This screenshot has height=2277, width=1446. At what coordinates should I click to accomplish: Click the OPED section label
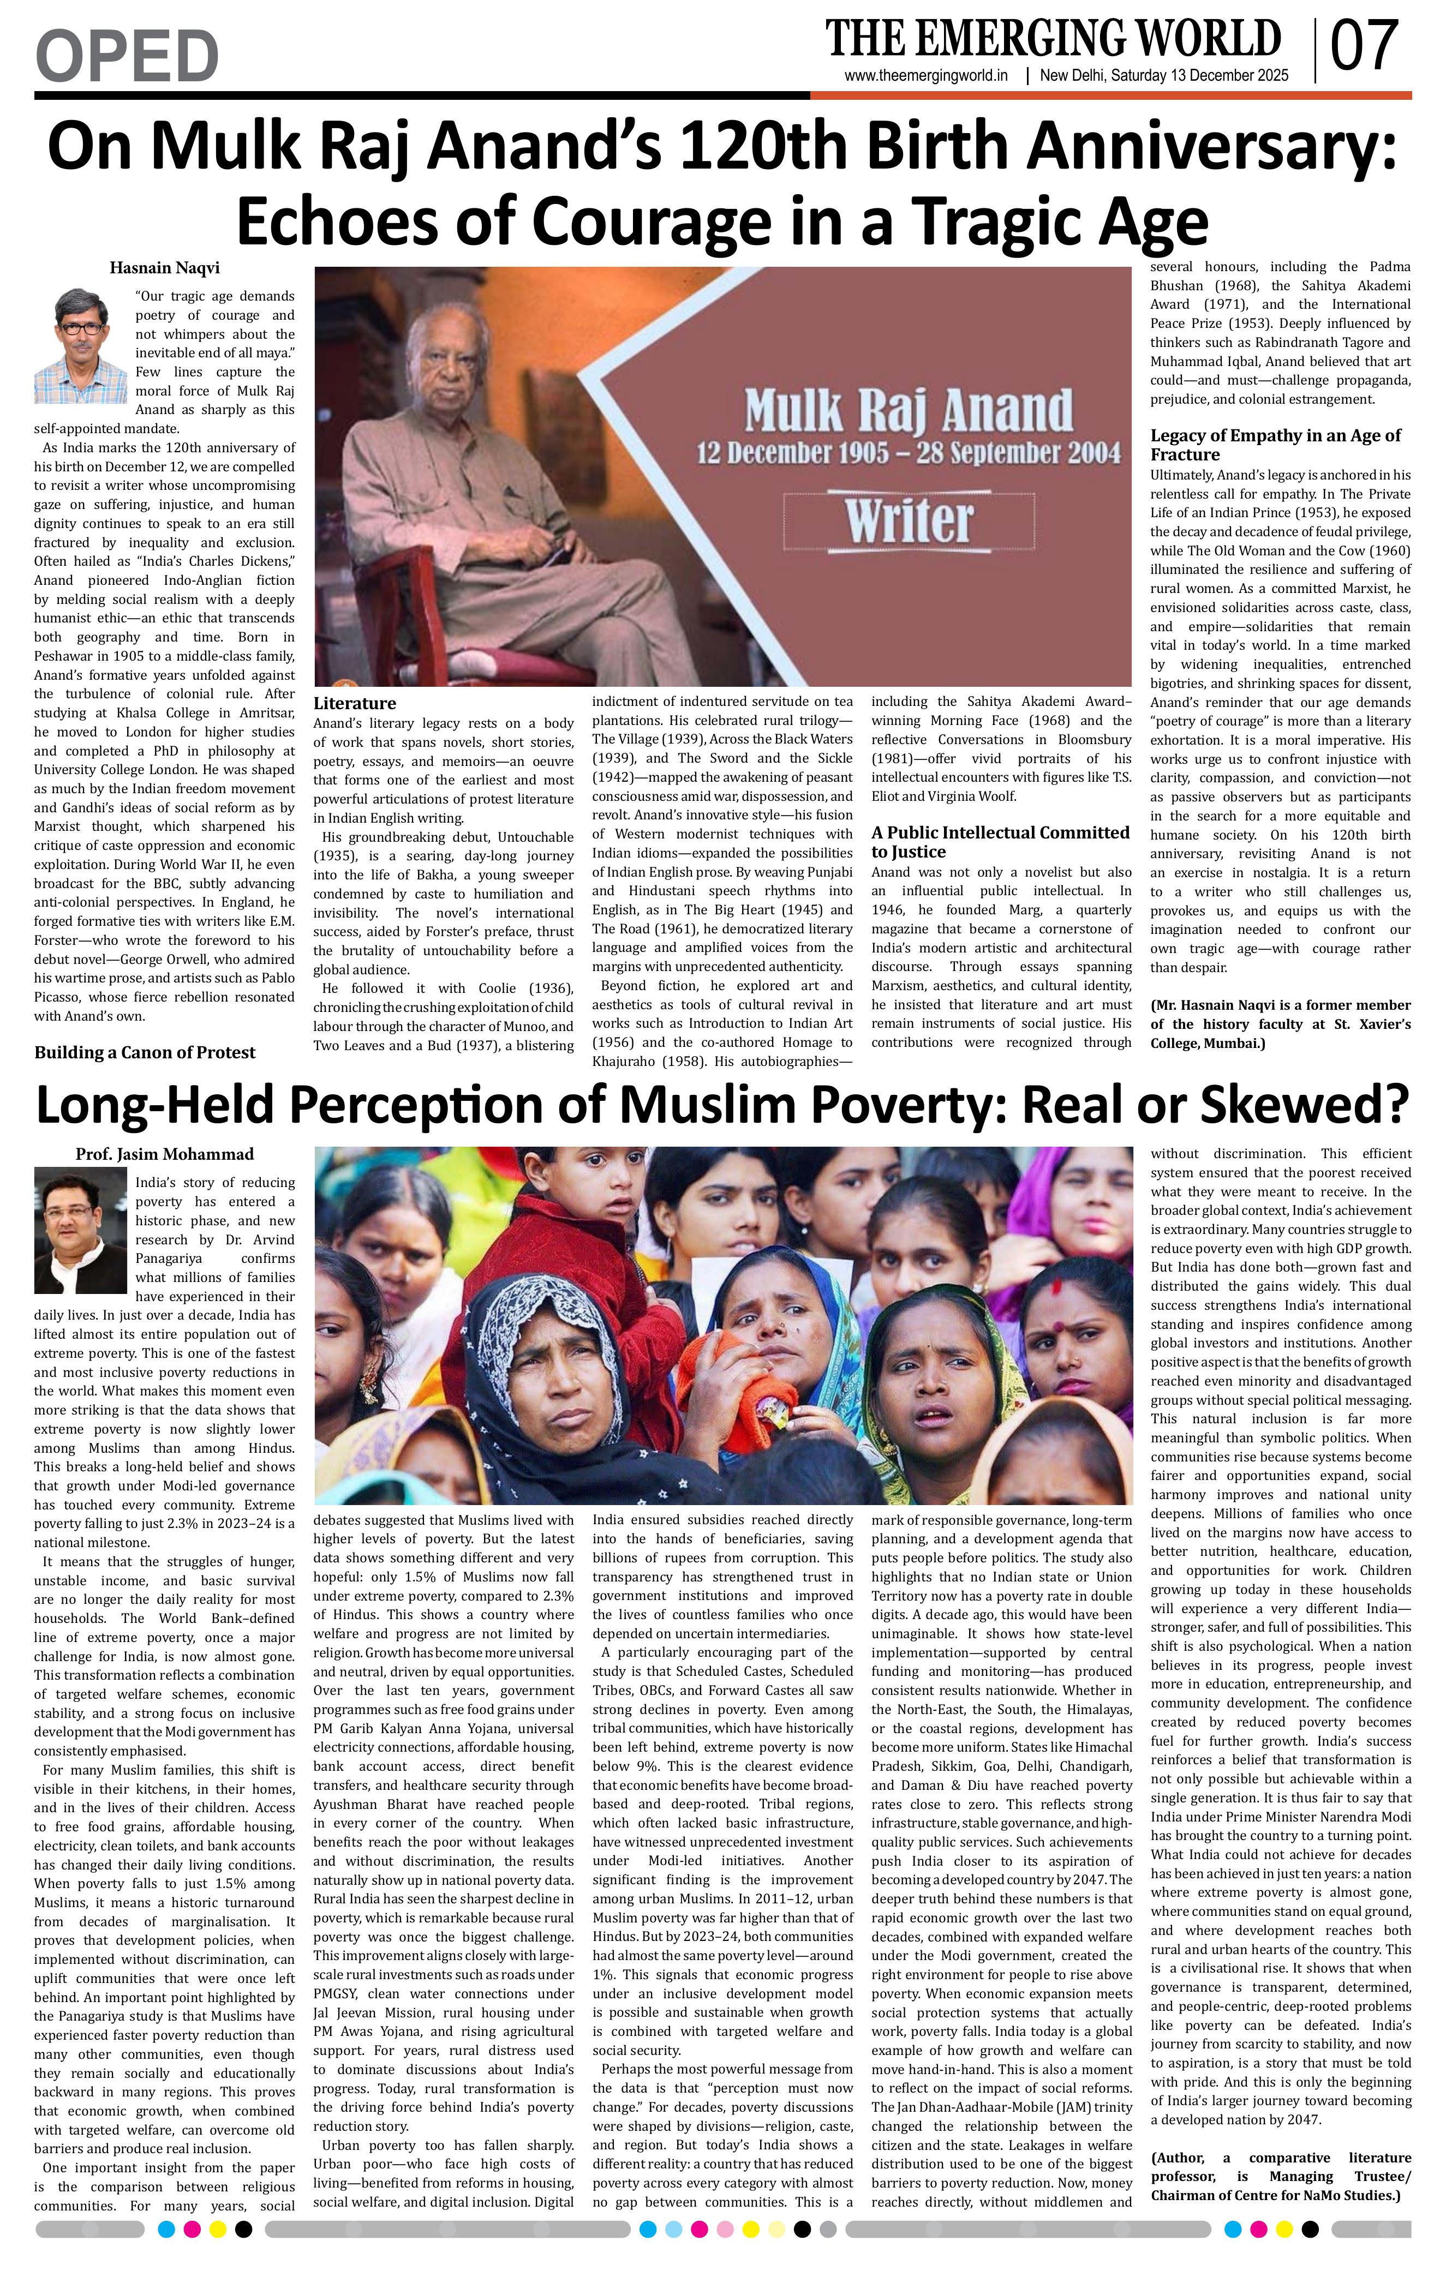point(127,55)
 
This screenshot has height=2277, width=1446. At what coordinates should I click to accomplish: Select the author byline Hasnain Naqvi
point(165,268)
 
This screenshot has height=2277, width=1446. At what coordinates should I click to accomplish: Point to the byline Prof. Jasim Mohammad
point(165,1154)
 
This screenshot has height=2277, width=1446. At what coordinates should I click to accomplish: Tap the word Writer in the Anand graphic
point(908,520)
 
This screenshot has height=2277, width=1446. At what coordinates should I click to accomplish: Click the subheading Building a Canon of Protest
point(145,1052)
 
